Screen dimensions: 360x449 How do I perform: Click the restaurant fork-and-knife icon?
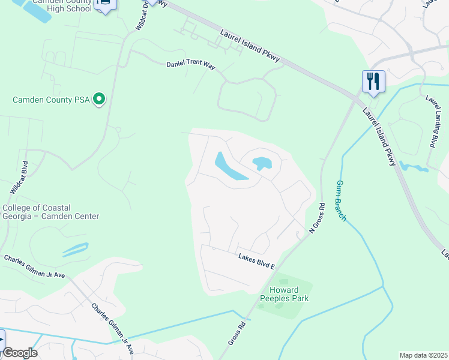(x=373, y=81)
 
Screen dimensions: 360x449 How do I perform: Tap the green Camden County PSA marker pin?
(x=100, y=99)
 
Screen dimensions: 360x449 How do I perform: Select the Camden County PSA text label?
(x=51, y=100)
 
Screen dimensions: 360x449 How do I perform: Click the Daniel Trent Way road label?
(x=190, y=64)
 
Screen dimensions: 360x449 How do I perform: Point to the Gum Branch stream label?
(x=342, y=200)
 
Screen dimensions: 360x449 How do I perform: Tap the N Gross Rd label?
(x=316, y=218)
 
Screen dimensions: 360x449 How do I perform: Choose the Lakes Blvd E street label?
(x=255, y=259)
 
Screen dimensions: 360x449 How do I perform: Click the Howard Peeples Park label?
(x=280, y=294)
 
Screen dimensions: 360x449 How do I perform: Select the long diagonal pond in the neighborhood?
(x=231, y=166)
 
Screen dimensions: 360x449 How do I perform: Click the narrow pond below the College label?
(x=75, y=250)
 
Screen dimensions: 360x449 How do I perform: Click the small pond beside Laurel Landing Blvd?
(x=414, y=167)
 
